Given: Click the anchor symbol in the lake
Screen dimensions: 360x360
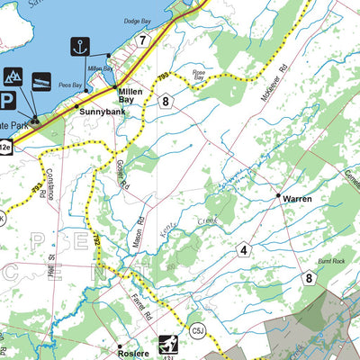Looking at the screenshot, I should coord(79,46).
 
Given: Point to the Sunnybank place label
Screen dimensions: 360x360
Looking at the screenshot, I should coord(98,112).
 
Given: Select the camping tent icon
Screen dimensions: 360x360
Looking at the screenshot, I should coord(13,78).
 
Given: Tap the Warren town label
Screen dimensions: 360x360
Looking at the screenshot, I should coord(297,198).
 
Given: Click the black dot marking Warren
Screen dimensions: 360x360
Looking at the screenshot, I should coord(277,193).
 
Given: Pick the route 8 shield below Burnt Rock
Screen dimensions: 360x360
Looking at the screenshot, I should coord(310,279).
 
